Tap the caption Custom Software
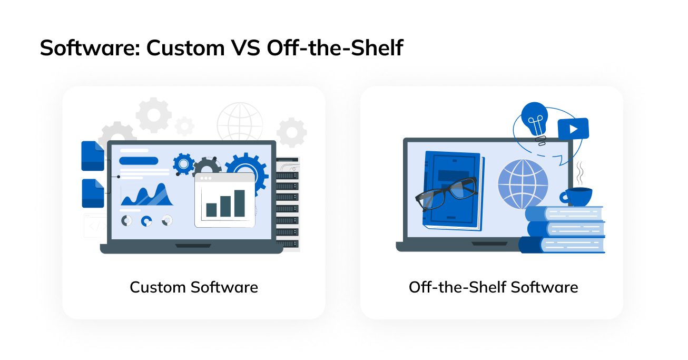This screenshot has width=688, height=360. pyautogui.click(x=194, y=287)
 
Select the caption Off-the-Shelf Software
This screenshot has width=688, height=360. pyautogui.click(x=493, y=287)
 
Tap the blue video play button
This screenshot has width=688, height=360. pyautogui.click(x=573, y=129)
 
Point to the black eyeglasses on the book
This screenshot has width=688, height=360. pyautogui.click(x=446, y=192)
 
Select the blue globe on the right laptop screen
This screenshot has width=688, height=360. pyautogui.click(x=523, y=184)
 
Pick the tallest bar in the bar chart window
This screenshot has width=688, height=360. pyautogui.click(x=240, y=203)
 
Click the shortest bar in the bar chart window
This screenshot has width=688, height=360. pyautogui.click(x=211, y=210)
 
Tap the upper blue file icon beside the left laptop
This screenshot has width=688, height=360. pyautogui.click(x=93, y=156)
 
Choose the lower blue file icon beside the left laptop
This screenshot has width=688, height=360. pyautogui.click(x=93, y=193)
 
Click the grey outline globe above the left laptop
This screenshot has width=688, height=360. pyautogui.click(x=240, y=122)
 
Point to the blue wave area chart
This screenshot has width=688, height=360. pyautogui.click(x=147, y=196)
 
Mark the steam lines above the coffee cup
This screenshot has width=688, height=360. pyautogui.click(x=579, y=172)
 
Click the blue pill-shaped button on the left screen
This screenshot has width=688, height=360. pyautogui.click(x=139, y=161)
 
